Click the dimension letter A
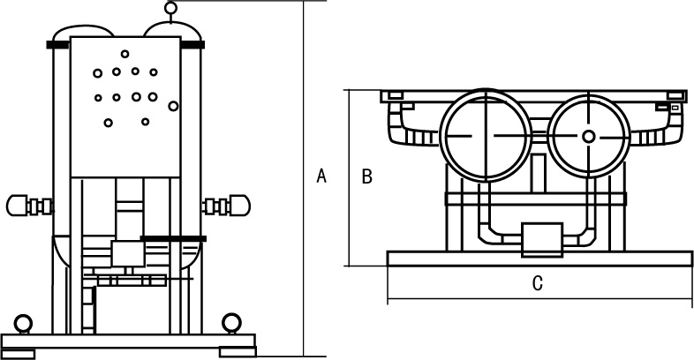click(x=322, y=176)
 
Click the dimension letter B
click(x=367, y=176)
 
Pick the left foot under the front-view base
click(x=17, y=353)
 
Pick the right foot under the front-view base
click(x=238, y=353)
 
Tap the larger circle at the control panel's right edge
click(x=173, y=106)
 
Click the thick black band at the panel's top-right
click(x=192, y=43)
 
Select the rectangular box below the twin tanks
click(x=542, y=239)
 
